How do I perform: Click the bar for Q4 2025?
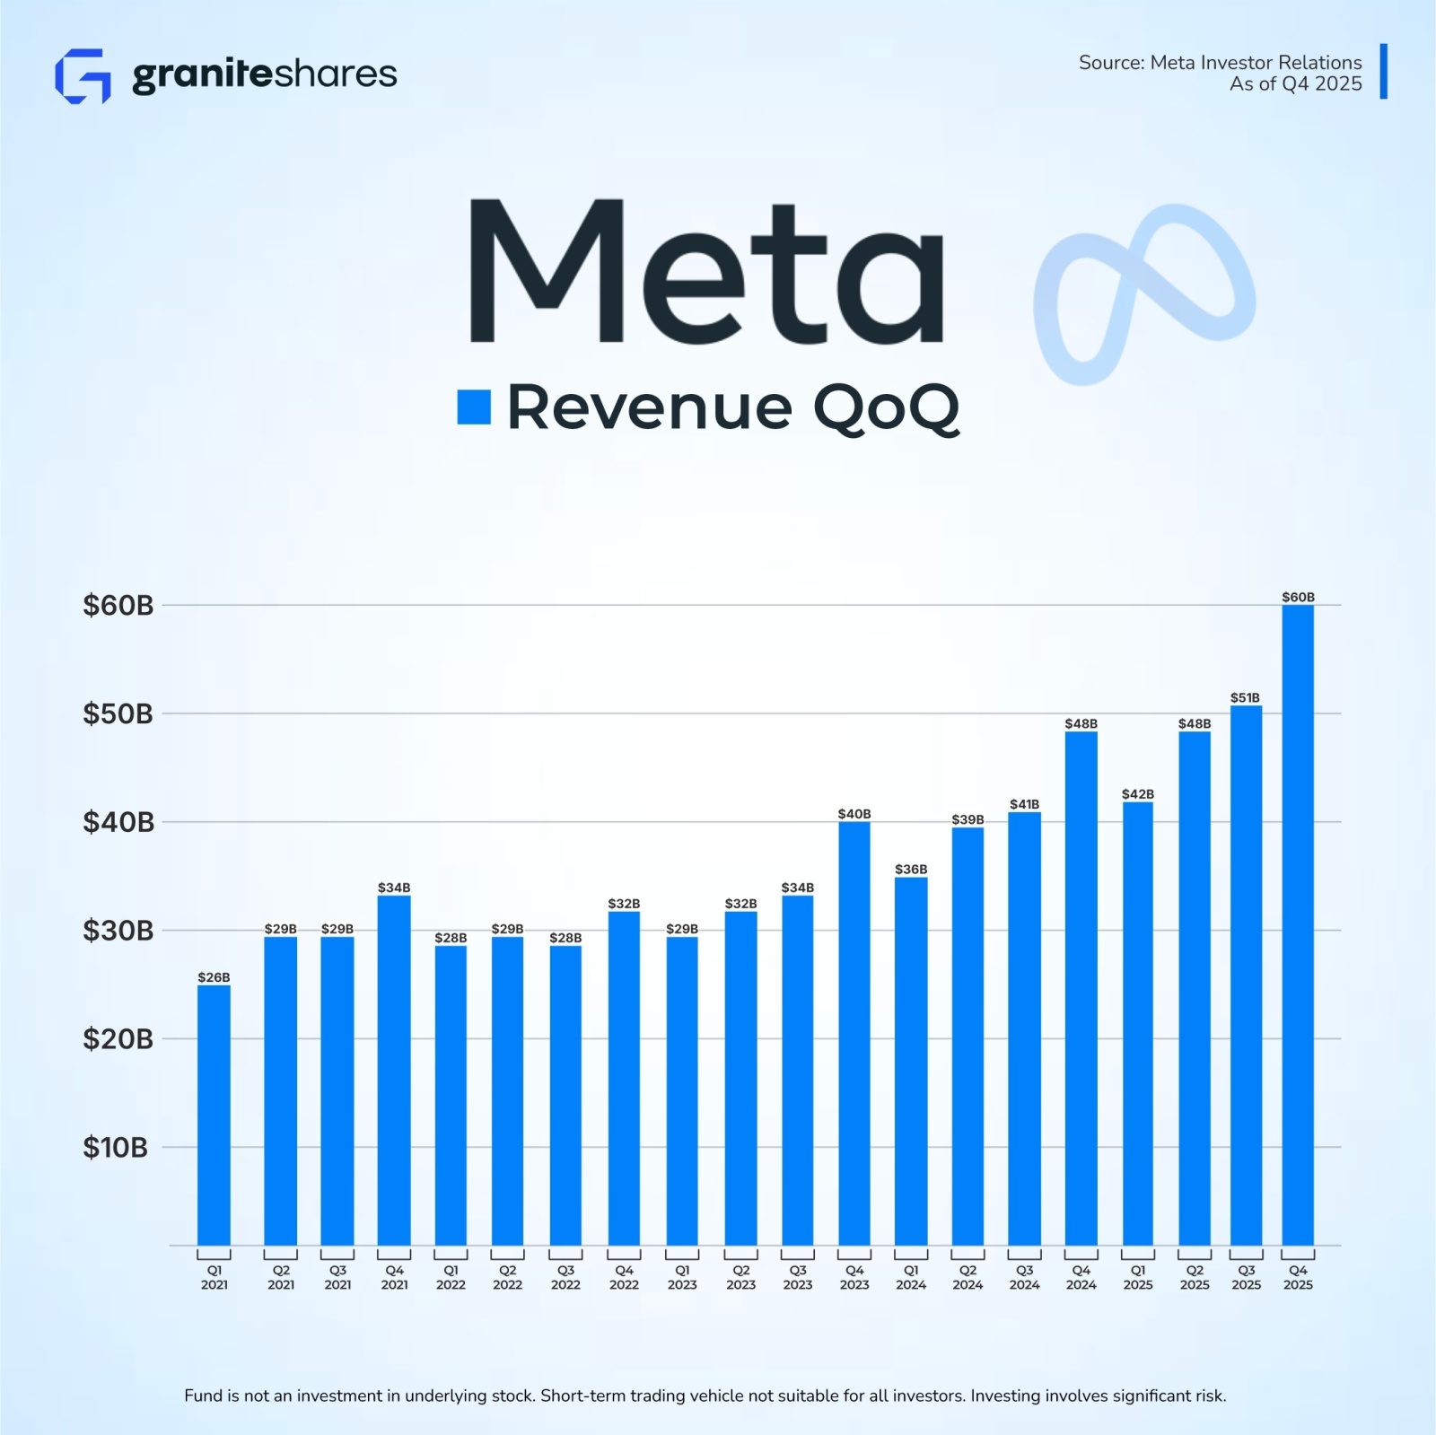[1298, 924]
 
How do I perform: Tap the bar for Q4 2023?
[854, 1033]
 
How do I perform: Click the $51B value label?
[1245, 697]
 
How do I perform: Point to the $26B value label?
[214, 977]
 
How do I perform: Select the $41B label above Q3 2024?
[1024, 804]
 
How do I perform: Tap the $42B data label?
[1137, 794]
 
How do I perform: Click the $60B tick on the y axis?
[118, 606]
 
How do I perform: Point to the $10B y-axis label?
[115, 1147]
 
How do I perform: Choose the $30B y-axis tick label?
[118, 931]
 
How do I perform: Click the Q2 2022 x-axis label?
[507, 1277]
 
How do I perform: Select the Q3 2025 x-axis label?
[1246, 1277]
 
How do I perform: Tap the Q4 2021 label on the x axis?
[394, 1277]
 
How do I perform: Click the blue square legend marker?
[474, 407]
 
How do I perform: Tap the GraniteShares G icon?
[83, 76]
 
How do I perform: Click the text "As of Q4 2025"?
[1295, 84]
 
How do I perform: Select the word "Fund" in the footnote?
[201, 1396]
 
